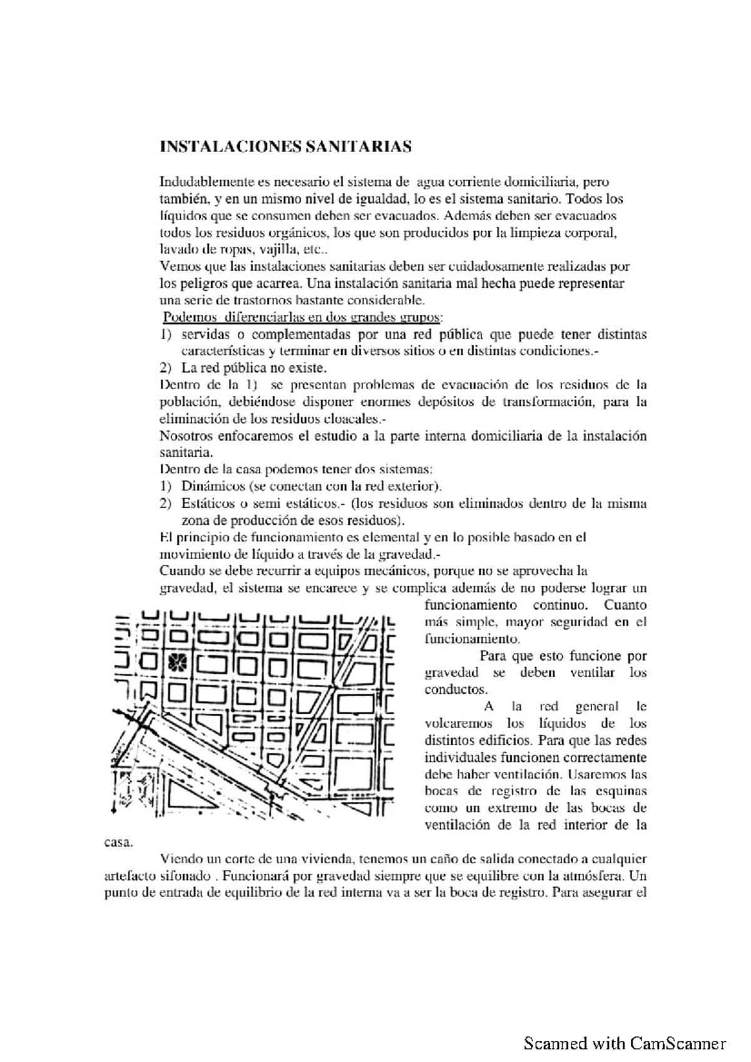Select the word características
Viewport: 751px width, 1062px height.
point(220,350)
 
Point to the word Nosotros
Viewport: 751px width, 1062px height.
point(185,435)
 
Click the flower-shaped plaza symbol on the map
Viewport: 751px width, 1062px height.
point(179,661)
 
